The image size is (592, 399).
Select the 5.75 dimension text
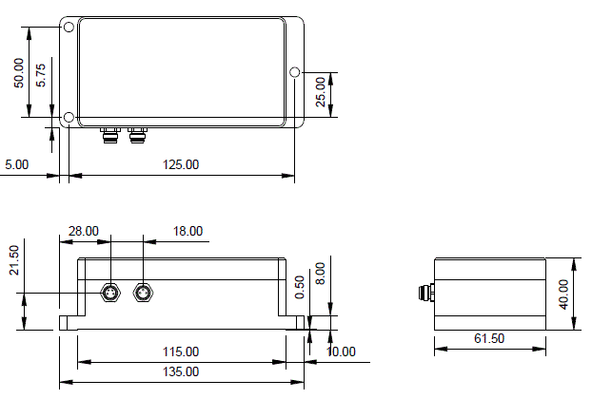[x=41, y=73]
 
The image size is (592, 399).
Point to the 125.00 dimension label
[x=181, y=164]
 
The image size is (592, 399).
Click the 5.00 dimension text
[x=17, y=164]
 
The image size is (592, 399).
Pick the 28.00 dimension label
[x=84, y=230]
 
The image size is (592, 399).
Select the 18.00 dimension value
[x=187, y=230]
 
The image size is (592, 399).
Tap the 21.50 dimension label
[x=14, y=260]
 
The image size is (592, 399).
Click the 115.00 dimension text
[x=181, y=351]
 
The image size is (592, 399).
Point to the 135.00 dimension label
[x=181, y=371]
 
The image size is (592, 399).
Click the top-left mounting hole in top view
[x=69, y=28]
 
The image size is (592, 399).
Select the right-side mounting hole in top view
[x=294, y=73]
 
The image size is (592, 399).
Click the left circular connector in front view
[x=110, y=292]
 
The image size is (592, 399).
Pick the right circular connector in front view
[x=144, y=292]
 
